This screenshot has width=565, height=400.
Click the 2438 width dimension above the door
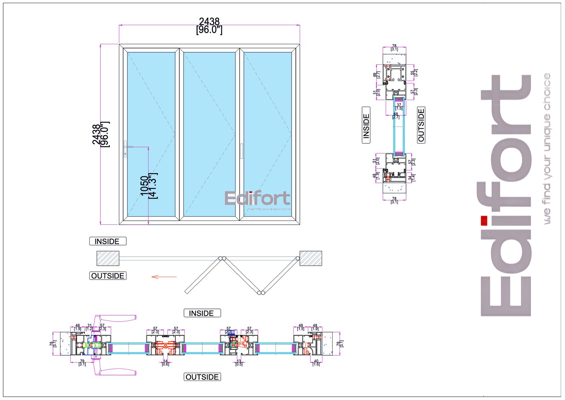[209, 26]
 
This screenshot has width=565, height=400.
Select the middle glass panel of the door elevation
[209, 134]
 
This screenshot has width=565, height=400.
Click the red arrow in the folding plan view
[164, 277]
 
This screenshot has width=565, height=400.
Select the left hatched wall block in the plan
[108, 258]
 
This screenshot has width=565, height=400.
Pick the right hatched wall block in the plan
[311, 258]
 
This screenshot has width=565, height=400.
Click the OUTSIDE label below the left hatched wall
[108, 276]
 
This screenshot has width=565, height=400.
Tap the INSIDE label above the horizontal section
[202, 313]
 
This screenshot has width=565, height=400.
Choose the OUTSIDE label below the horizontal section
[202, 377]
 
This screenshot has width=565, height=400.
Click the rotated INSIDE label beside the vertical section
[366, 125]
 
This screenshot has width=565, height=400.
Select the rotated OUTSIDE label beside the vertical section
[421, 125]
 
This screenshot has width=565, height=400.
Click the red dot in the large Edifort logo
[484, 220]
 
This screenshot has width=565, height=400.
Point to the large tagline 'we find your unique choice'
[547, 148]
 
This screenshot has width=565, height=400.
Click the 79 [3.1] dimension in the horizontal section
[82, 363]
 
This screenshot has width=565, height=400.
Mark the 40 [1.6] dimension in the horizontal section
[316, 363]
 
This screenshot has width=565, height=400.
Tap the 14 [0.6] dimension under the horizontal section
[165, 363]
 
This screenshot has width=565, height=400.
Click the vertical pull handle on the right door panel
[242, 151]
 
